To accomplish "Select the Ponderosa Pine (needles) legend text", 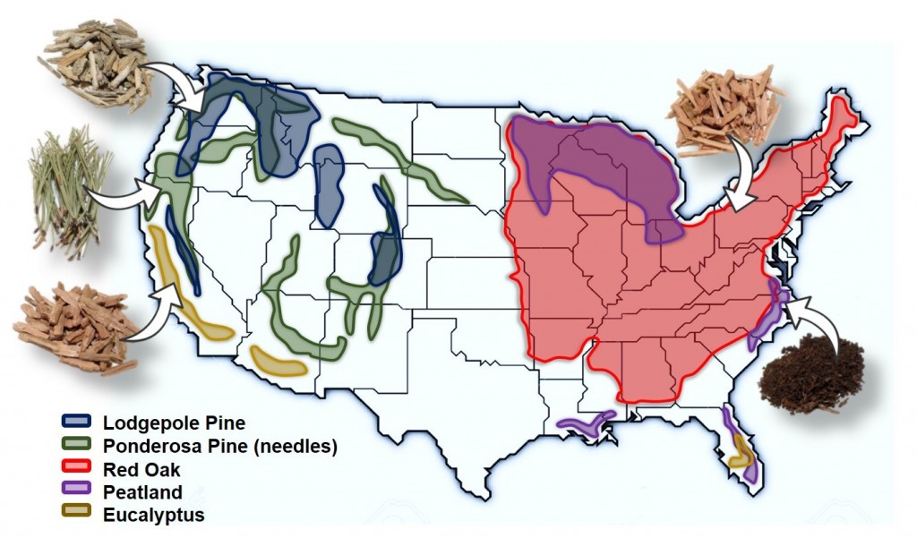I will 219,446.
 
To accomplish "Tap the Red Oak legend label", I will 141,469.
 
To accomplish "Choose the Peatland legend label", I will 143,491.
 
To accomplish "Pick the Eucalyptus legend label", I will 153,515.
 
